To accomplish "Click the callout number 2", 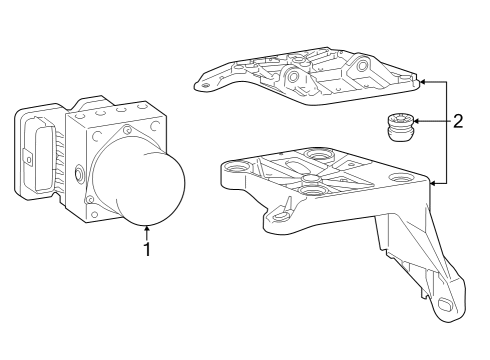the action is pyautogui.click(x=457, y=122).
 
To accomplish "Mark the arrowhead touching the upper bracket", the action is pyautogui.click(x=421, y=81).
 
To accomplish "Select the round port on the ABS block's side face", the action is pyautogui.click(x=77, y=175).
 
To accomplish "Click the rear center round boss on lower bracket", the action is pyautogui.click(x=320, y=155).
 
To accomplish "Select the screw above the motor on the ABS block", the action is pyautogui.click(x=126, y=131).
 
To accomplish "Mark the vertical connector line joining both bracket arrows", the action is pyautogui.click(x=446, y=132).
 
